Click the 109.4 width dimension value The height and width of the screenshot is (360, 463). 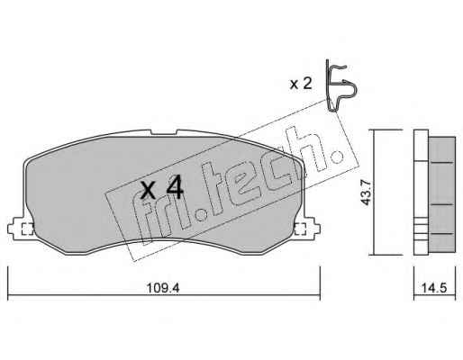(x=163, y=288)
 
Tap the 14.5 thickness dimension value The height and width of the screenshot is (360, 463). (x=434, y=288)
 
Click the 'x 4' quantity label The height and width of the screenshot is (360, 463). (x=162, y=188)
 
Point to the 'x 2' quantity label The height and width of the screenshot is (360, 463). (x=301, y=84)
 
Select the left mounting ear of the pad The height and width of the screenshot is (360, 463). (x=20, y=229)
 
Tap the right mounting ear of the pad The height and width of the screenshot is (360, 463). (x=307, y=229)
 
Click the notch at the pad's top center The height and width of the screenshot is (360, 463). (x=163, y=132)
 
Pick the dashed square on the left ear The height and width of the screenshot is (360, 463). (x=28, y=229)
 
